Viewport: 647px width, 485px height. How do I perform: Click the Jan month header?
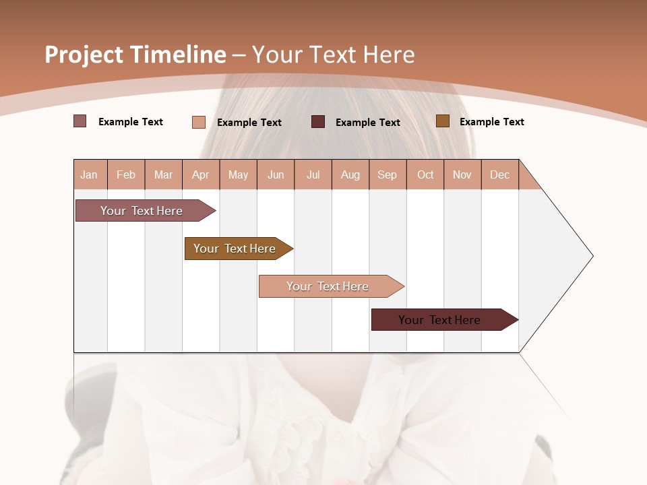click(90, 174)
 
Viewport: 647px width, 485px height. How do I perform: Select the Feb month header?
click(126, 174)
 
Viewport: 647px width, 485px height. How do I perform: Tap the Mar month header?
click(163, 174)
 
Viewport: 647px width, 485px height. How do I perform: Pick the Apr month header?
click(201, 174)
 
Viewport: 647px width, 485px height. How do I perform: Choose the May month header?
click(238, 174)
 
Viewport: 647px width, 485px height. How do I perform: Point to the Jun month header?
click(276, 174)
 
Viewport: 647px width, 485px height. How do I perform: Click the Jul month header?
click(313, 174)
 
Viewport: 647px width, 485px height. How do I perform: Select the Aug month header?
click(350, 174)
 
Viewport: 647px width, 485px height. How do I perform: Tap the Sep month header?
click(388, 174)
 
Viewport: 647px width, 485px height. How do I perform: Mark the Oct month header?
click(425, 174)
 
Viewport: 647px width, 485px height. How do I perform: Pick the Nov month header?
click(462, 174)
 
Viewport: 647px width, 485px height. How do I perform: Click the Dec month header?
click(500, 174)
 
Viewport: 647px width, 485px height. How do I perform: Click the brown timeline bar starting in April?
click(235, 249)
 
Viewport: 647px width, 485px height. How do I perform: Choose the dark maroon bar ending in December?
click(440, 320)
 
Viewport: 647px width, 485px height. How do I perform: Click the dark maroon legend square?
click(318, 122)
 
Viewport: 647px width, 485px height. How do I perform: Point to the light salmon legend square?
click(199, 122)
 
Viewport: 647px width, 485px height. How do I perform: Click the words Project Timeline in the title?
click(135, 55)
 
